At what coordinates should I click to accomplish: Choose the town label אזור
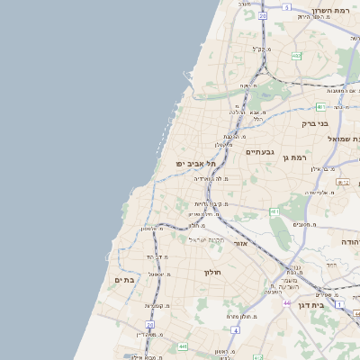point(240,243)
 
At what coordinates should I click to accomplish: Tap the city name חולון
point(212,272)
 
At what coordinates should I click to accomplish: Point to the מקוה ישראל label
point(206,238)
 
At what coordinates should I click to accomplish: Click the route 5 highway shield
point(287,7)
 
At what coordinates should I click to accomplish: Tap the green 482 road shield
point(296,56)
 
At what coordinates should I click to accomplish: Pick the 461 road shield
point(274,211)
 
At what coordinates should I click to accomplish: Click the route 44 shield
point(286,303)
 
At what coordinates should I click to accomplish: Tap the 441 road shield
point(183,346)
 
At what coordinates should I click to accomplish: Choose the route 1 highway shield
point(339,304)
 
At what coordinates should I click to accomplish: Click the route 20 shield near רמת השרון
point(263,15)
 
